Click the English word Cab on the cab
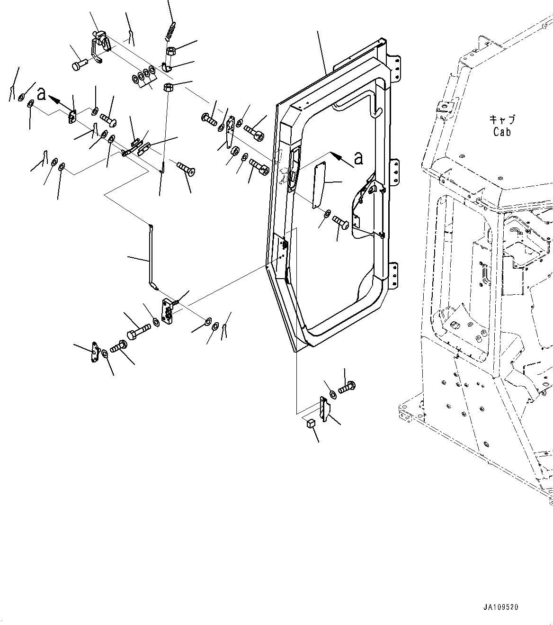pyautogui.click(x=502, y=132)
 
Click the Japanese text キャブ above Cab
pyautogui.click(x=502, y=120)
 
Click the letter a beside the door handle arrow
pyautogui.click(x=359, y=158)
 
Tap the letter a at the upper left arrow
pyautogui.click(x=42, y=94)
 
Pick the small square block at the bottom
pyautogui.click(x=311, y=423)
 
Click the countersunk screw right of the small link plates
pyautogui.click(x=186, y=169)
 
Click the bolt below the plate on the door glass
pyautogui.click(x=340, y=221)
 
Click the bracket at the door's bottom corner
pyautogui.click(x=324, y=409)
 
